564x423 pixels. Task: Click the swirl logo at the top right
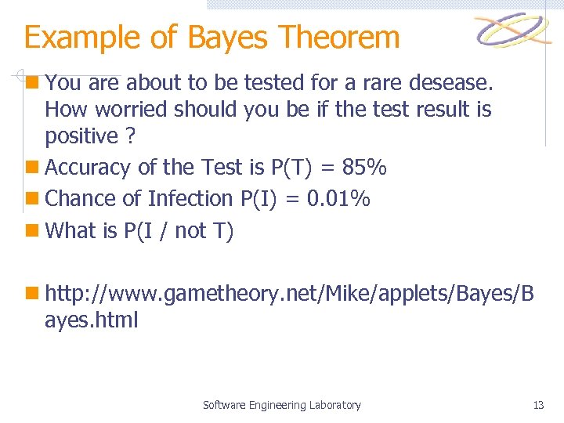coord(514,31)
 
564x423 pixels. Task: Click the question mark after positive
coord(129,136)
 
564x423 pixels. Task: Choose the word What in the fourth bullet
coord(70,230)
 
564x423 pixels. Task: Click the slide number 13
coord(538,405)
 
